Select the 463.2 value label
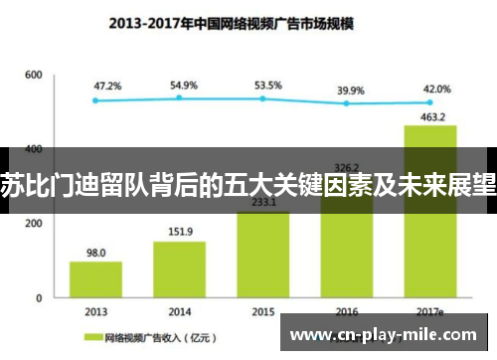[x=429, y=117]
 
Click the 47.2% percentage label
[x=107, y=87]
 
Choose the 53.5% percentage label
[x=266, y=87]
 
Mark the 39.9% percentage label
[x=351, y=90]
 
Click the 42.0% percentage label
[x=437, y=89]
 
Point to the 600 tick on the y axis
[x=34, y=75]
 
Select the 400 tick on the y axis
[x=34, y=149]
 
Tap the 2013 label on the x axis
[x=95, y=311]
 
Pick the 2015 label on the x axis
[x=262, y=311]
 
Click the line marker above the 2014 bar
[x=179, y=97]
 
